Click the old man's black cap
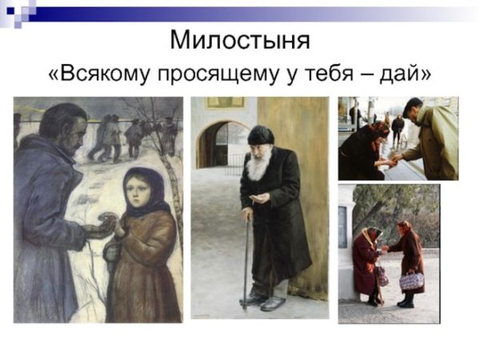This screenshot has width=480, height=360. click(x=260, y=134)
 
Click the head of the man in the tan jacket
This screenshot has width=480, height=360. click(x=412, y=108)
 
